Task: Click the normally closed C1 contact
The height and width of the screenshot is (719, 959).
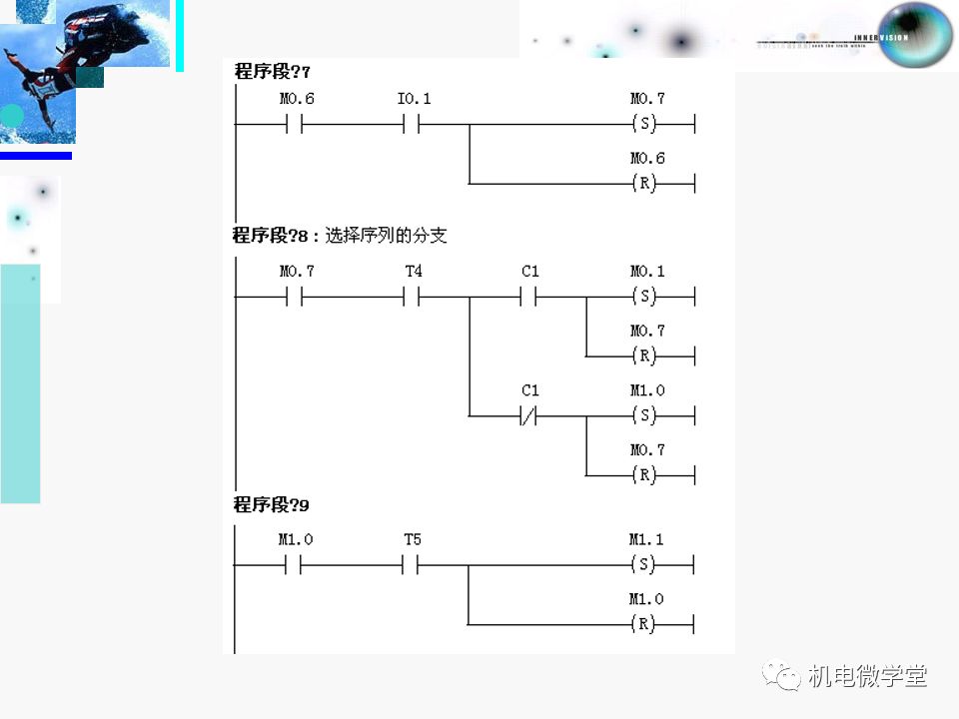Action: pyautogui.click(x=528, y=415)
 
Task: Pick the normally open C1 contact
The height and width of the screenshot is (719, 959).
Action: pyautogui.click(x=528, y=297)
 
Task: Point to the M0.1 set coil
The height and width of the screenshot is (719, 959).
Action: pyautogui.click(x=645, y=297)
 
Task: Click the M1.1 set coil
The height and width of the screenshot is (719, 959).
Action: pyautogui.click(x=645, y=565)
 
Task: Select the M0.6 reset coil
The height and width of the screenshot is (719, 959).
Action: pyautogui.click(x=645, y=184)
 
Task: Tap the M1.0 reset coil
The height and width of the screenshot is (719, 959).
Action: pyautogui.click(x=645, y=625)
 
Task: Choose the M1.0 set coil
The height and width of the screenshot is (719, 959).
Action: pyautogui.click(x=645, y=415)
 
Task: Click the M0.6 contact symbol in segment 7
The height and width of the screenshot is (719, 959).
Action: pyautogui.click(x=295, y=125)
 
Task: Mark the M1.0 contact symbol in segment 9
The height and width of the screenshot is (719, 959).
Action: pyautogui.click(x=295, y=565)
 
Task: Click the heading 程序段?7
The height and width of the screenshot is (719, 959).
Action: pyautogui.click(x=272, y=71)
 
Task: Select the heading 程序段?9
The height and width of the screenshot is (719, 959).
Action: pyautogui.click(x=272, y=505)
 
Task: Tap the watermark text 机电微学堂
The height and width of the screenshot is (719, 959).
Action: pyautogui.click(x=867, y=676)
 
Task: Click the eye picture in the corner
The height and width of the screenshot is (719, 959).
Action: pyautogui.click(x=913, y=34)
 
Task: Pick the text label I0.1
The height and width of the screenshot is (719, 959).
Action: pyautogui.click(x=414, y=99)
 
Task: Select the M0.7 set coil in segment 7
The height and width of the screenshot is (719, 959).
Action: pyautogui.click(x=645, y=125)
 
